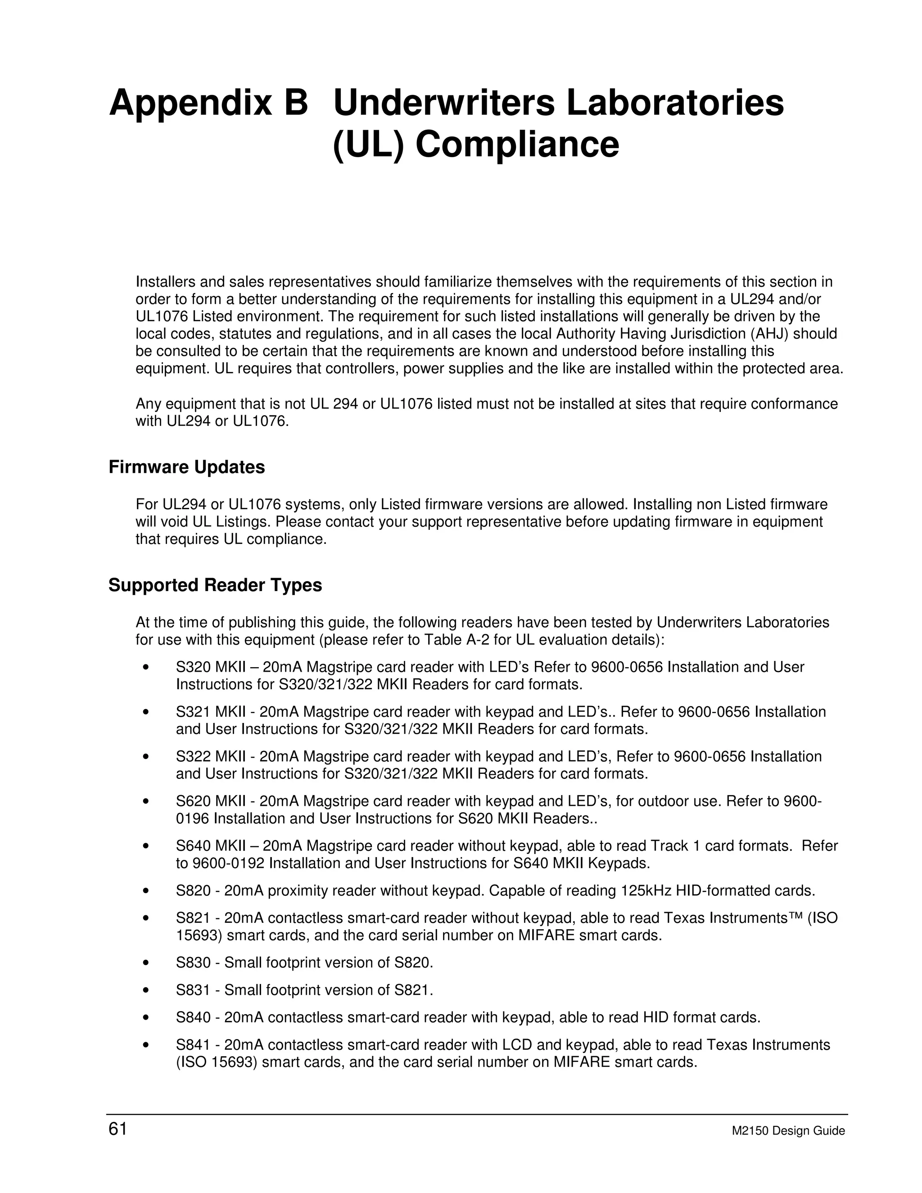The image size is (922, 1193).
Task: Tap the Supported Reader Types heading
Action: coord(215,586)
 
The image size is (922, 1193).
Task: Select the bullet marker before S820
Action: coord(145,891)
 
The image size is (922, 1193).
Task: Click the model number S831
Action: coord(193,990)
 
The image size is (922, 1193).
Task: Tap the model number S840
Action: coord(193,1017)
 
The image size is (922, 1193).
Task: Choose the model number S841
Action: coord(193,1045)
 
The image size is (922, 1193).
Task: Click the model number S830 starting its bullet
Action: coord(193,963)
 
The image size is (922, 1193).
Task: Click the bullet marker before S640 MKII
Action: coord(145,846)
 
